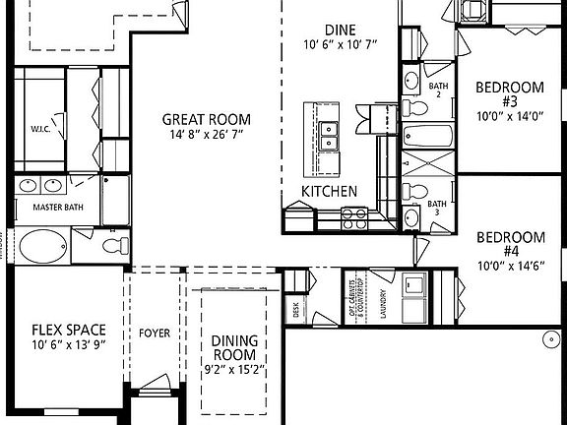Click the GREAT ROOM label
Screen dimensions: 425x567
coord(203,120)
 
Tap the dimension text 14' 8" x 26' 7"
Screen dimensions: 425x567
coord(203,135)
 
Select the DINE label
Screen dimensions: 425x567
coord(339,30)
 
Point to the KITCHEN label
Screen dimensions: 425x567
coord(329,191)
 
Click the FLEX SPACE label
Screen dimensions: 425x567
coord(69,330)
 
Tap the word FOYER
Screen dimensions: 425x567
coord(155,334)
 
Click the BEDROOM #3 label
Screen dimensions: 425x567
coord(509,94)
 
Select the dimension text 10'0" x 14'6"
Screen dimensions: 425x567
coord(510,266)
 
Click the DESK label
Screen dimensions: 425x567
coord(295,308)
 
